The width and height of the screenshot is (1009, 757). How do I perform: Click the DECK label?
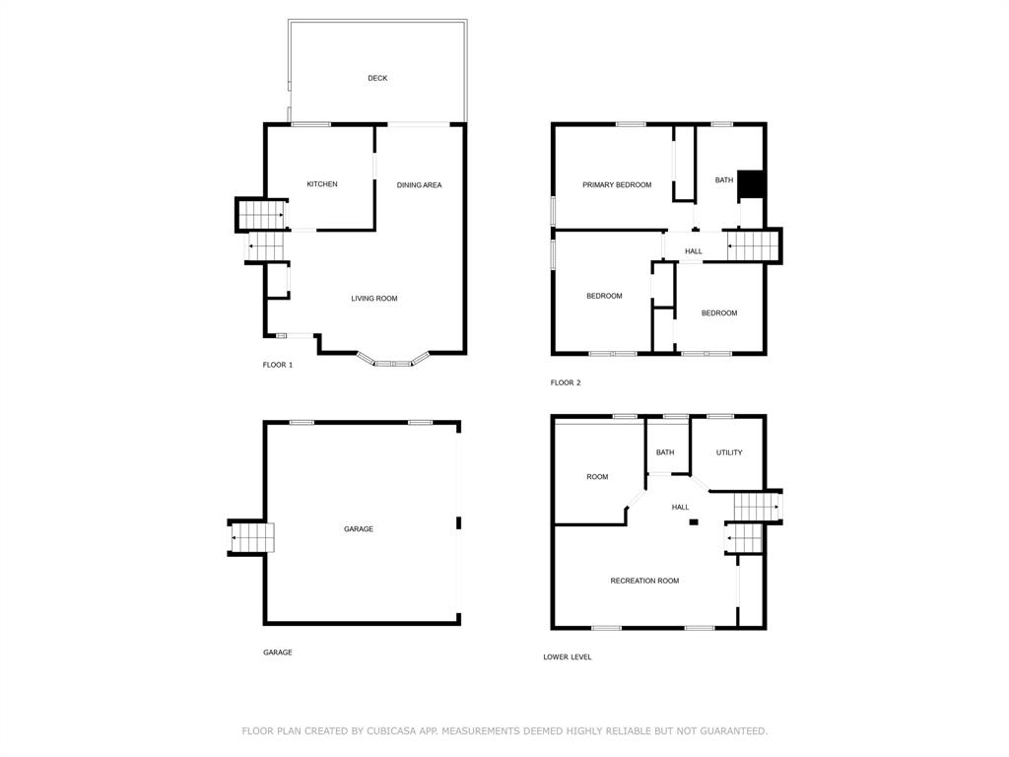377,78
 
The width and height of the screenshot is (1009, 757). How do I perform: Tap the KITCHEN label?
322,184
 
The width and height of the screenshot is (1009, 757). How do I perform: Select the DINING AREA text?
419,184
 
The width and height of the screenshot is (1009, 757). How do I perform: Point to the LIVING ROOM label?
373,298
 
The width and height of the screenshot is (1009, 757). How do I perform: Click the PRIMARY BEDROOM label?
617,184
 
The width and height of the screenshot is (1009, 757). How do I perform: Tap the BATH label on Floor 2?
724,180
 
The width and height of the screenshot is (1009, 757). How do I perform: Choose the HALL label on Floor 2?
693,251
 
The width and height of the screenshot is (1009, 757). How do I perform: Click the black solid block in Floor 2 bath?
750,184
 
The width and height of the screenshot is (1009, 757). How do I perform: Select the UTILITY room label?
729,452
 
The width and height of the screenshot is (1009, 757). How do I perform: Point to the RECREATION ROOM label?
644,581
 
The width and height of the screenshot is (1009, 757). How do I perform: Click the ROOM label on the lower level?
597,477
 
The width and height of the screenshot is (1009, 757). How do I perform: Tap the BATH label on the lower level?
665,452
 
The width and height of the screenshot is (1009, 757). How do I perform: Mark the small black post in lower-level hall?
693,522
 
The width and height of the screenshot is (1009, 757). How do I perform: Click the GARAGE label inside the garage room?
359,529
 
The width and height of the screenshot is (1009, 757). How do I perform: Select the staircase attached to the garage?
251,537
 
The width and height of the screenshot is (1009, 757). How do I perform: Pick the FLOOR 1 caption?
277,365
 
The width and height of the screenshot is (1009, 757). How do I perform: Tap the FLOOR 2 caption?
565,382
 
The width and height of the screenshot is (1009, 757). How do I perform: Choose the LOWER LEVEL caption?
567,656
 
